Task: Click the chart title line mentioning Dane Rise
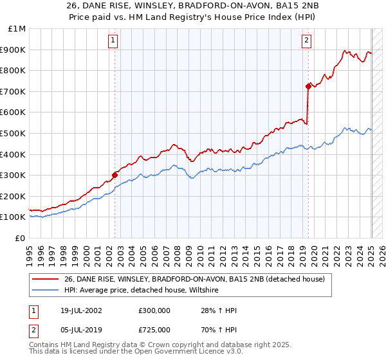tap(192, 8)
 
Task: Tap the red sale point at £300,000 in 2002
tap(115, 174)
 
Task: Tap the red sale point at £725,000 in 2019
tap(308, 85)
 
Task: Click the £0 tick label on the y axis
tap(21, 238)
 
